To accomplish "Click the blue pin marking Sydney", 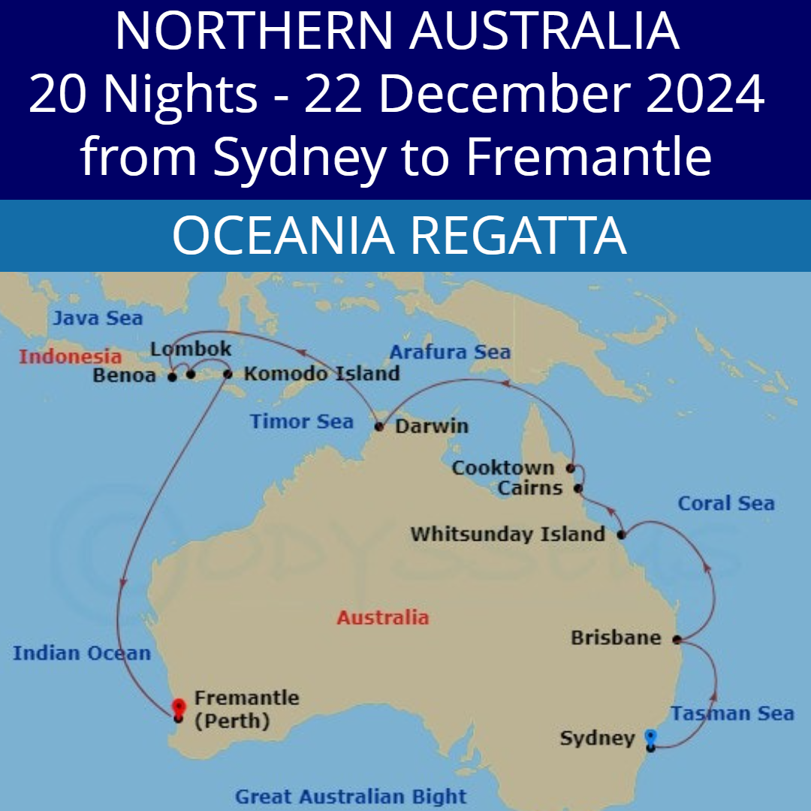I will [x=650, y=737].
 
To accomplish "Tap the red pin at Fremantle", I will [x=178, y=707].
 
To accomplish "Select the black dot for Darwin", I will [x=378, y=427].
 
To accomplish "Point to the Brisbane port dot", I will [x=677, y=640].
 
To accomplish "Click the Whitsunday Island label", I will [x=508, y=535].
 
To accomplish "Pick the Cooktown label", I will [x=503, y=468].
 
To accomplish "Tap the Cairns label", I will [x=530, y=488].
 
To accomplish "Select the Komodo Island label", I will [x=321, y=373].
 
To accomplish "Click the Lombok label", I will [x=191, y=350].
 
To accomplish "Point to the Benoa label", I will [x=124, y=375].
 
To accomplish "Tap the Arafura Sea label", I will [x=450, y=351].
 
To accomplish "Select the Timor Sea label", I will [x=301, y=421].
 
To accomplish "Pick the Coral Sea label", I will [x=725, y=503].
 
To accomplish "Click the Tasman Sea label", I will [x=732, y=713].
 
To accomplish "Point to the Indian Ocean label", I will [x=81, y=653].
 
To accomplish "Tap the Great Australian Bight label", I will [x=351, y=796].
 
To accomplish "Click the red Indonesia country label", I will [x=70, y=356].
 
